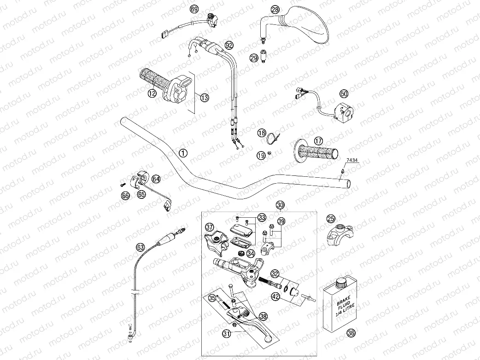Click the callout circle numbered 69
(x=194, y=10)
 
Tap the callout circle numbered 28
(x=275, y=10)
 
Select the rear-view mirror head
(x=309, y=25)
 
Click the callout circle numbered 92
(x=229, y=45)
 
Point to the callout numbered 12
(x=152, y=93)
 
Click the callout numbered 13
(x=204, y=97)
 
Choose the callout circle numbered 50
(x=344, y=93)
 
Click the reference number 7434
(x=351, y=159)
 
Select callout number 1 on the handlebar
(x=183, y=153)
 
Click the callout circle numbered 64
(x=156, y=178)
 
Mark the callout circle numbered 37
(x=210, y=227)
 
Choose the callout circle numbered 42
(x=275, y=296)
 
